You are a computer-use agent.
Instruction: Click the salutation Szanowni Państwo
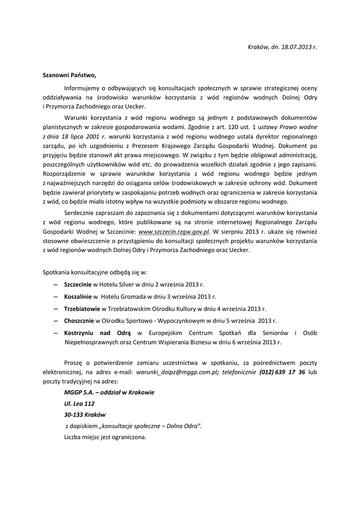click(70, 76)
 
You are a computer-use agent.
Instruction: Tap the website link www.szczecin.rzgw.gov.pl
click(174, 231)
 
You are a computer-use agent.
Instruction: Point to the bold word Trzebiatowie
click(82, 308)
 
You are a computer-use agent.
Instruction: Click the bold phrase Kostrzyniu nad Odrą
click(97, 333)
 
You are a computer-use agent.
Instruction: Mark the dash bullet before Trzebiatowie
click(55, 308)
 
